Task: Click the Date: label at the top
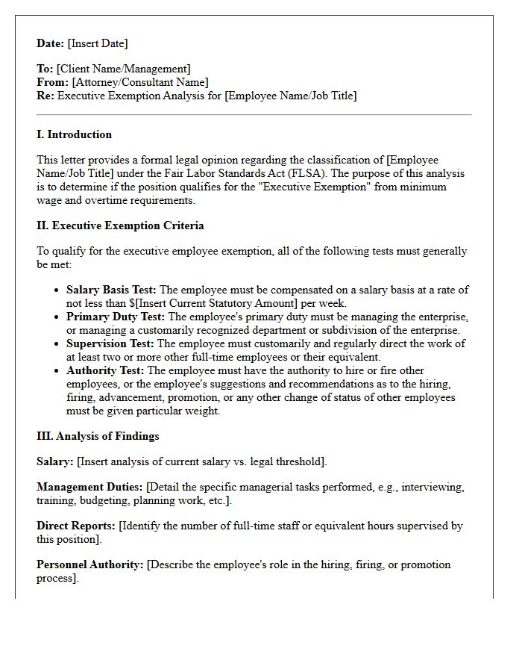51,43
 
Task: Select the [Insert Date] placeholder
98,43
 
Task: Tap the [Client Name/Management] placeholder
123,69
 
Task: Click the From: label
52,82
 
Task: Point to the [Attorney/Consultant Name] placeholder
139,82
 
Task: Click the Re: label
45,96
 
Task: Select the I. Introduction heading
74,134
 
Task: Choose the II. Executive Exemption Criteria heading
120,225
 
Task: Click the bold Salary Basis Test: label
112,290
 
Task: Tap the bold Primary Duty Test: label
116,317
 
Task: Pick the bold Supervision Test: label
110,343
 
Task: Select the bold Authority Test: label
105,370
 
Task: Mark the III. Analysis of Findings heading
98,436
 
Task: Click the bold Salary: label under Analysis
54,461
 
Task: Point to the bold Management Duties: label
89,487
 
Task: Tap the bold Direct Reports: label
76,526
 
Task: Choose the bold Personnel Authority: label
89,564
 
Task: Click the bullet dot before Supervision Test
57,344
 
